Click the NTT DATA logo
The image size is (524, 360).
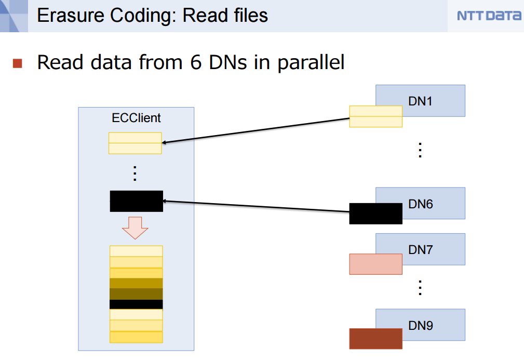(x=489, y=16)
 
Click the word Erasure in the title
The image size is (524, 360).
(x=68, y=15)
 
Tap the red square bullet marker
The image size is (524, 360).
(x=18, y=63)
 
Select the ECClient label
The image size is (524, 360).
(x=136, y=118)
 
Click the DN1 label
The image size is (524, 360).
(x=420, y=101)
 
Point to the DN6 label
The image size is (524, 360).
(x=420, y=204)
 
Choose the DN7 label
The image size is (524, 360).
(x=420, y=250)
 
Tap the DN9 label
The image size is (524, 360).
(x=420, y=326)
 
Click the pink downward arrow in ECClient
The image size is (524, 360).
(x=136, y=227)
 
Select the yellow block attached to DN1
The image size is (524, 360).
(x=375, y=116)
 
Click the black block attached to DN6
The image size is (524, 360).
(x=375, y=214)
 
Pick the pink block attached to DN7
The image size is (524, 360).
(x=375, y=264)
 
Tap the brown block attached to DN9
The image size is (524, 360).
(x=375, y=339)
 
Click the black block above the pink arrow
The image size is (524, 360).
(x=136, y=201)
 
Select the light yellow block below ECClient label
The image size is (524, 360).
(x=135, y=143)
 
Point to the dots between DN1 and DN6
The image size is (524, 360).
(x=420, y=150)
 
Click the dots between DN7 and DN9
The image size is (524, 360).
(x=420, y=288)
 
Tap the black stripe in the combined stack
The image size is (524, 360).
(x=136, y=304)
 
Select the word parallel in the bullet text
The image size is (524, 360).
(x=310, y=63)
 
